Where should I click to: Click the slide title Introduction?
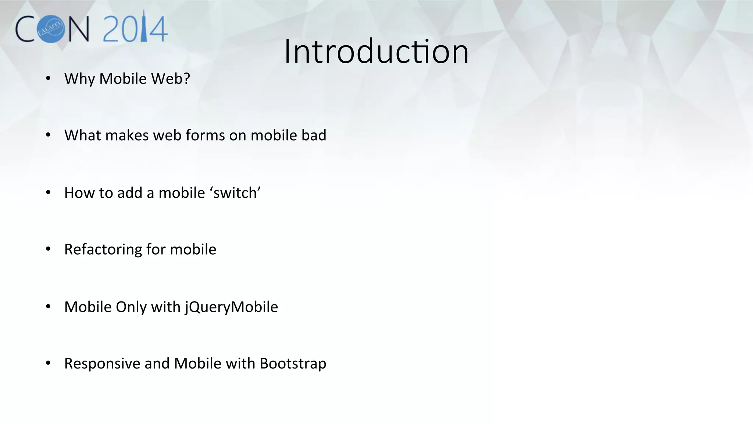(x=376, y=52)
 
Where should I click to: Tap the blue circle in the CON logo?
(x=51, y=29)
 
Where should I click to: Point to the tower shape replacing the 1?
(x=144, y=26)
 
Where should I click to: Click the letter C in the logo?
(x=25, y=29)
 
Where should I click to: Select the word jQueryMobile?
(x=231, y=307)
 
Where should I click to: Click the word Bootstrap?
(x=293, y=364)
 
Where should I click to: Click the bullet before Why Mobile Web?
(x=48, y=78)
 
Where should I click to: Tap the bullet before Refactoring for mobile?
(x=48, y=249)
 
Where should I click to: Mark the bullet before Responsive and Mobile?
(x=48, y=363)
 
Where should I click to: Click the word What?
(x=82, y=135)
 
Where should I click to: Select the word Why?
(x=79, y=79)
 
